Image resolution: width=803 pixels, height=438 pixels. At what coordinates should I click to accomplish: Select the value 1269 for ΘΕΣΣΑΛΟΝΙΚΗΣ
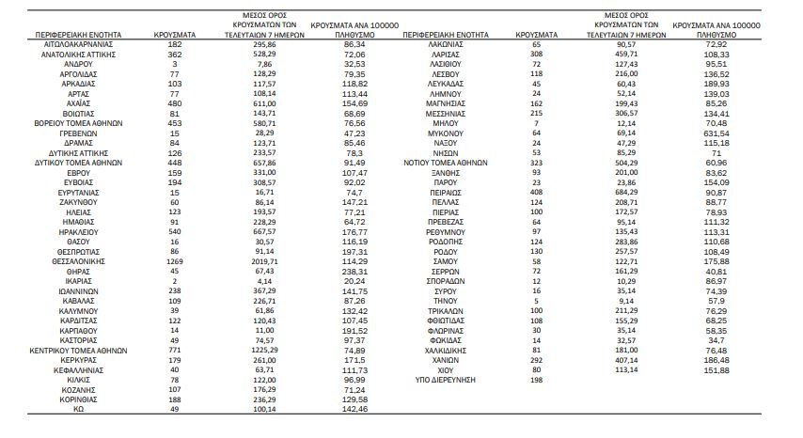click(x=174, y=260)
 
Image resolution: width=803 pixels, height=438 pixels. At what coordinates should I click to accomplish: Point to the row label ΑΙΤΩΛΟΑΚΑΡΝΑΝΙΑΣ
click(x=80, y=44)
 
